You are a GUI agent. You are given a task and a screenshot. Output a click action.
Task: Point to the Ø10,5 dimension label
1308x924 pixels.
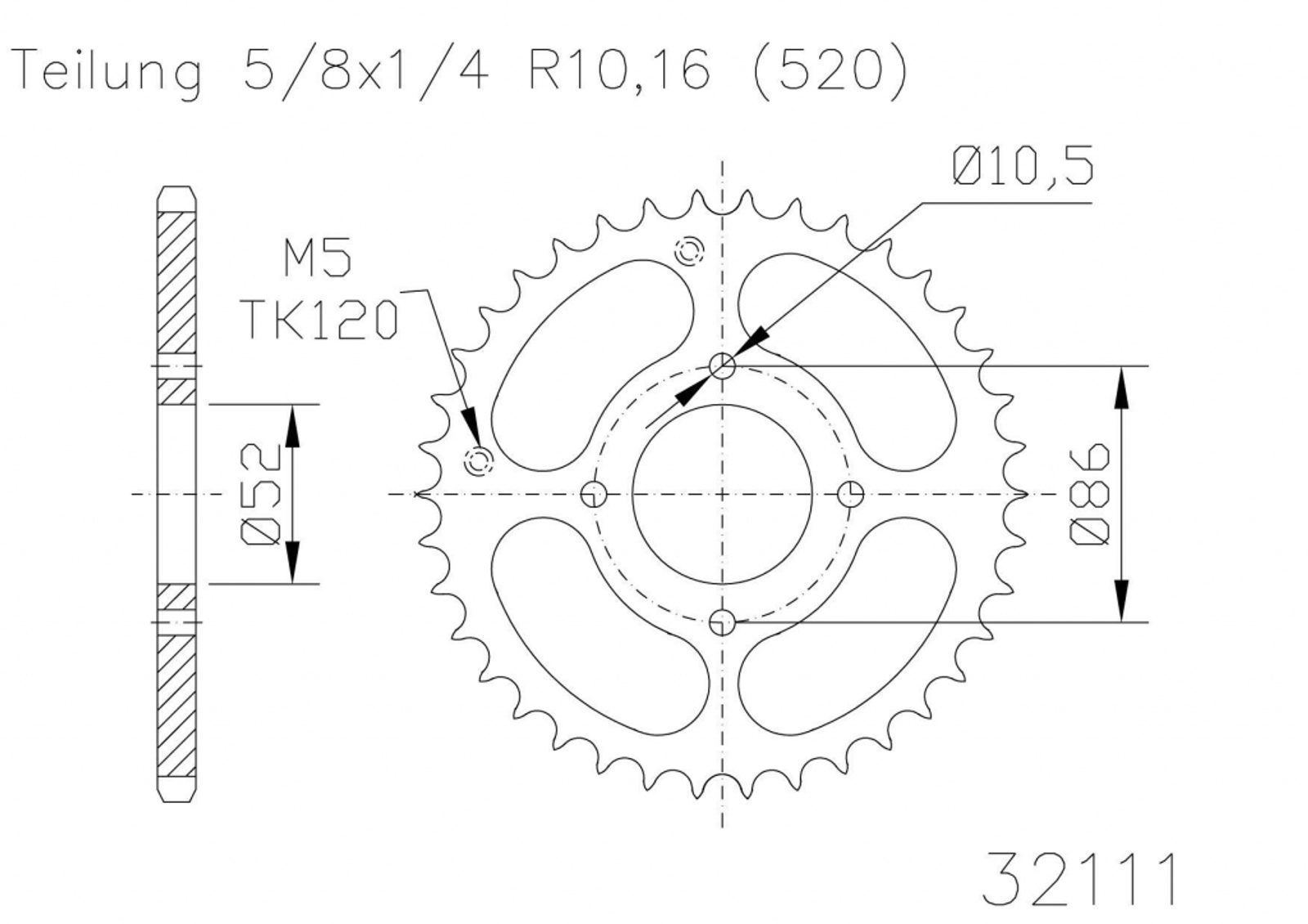1023,167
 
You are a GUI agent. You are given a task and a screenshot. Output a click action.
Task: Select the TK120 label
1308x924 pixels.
320,320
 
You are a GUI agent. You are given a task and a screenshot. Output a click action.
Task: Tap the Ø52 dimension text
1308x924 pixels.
261,494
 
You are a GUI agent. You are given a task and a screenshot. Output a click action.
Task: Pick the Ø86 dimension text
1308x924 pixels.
1090,494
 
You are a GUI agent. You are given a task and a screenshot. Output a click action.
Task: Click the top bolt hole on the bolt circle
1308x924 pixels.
723,366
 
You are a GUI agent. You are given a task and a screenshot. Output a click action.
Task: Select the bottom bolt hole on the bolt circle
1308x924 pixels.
723,622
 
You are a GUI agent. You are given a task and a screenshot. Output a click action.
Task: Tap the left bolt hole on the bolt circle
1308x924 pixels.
594,494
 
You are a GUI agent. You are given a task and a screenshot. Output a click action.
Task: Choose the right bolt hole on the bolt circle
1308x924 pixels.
851,494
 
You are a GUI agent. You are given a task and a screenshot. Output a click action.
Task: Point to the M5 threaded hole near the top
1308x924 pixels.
689,251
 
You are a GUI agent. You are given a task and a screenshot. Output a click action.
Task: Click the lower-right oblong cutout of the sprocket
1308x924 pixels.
847,625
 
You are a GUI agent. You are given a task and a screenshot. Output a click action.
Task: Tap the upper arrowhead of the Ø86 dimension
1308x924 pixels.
1121,388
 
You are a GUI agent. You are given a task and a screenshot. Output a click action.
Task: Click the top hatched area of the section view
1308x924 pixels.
177,283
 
